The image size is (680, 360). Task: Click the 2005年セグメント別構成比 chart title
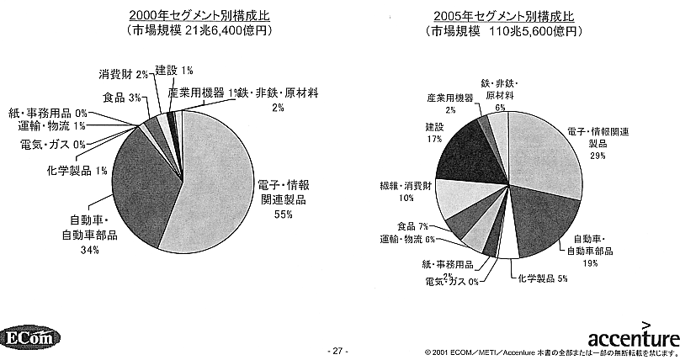[x=504, y=16]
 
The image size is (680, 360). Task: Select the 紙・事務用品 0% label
[x=48, y=112]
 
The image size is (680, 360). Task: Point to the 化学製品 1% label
[x=77, y=172]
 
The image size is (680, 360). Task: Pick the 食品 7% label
[x=412, y=226]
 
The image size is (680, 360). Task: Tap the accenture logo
[x=632, y=337]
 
